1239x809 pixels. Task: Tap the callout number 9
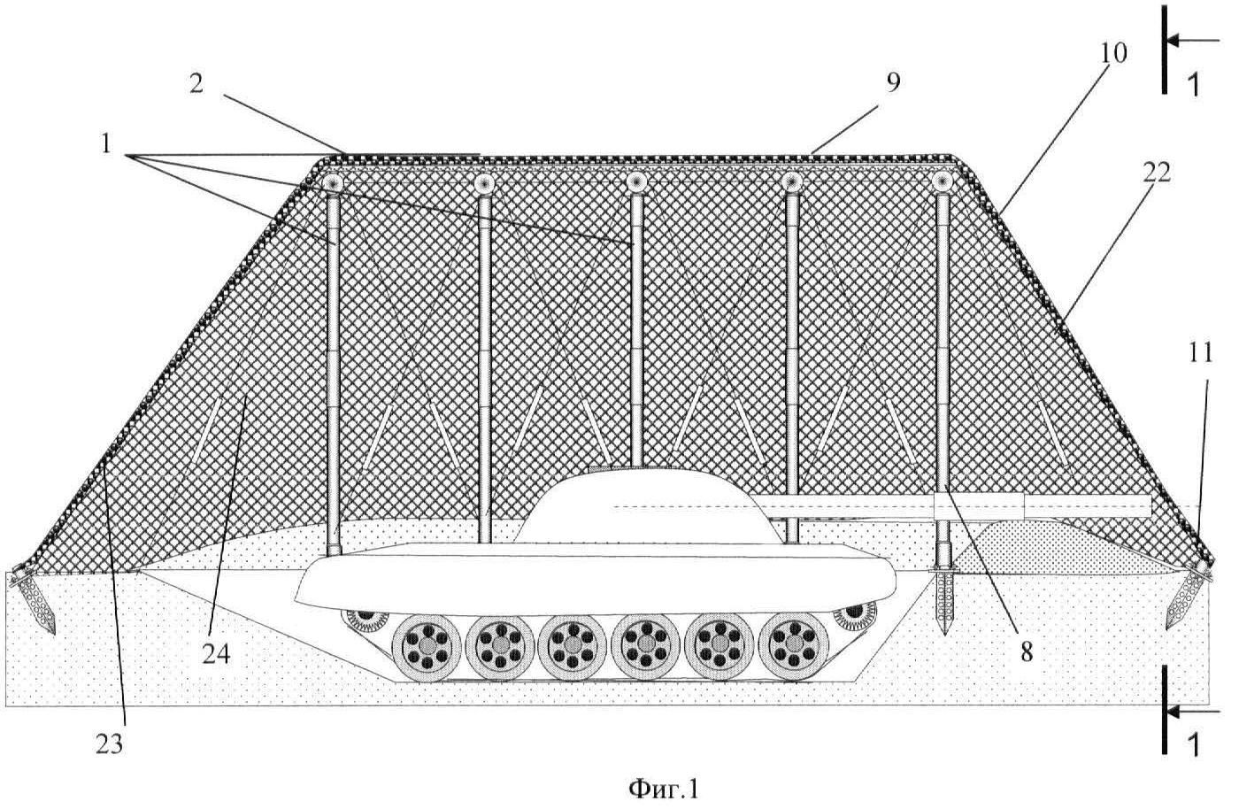[x=893, y=82]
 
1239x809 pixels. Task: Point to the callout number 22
[x=1157, y=173]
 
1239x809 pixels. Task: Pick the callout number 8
[x=1027, y=652]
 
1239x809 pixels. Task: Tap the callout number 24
[x=216, y=654]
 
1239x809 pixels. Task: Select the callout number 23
[x=109, y=744]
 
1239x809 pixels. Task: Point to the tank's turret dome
[x=644, y=505]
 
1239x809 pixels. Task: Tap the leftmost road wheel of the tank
[x=427, y=646]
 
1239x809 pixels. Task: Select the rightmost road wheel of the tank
[x=795, y=645]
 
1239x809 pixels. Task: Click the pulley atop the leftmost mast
[x=333, y=182]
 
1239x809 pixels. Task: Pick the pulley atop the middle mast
[x=636, y=181]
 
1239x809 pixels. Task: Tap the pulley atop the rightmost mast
[x=942, y=181]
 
